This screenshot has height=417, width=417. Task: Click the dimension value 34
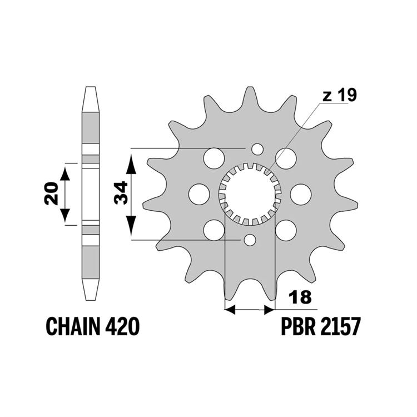click(121, 192)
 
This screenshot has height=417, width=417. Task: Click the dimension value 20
click(51, 193)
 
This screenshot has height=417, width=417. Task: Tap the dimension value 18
click(300, 297)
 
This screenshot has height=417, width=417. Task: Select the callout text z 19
click(339, 95)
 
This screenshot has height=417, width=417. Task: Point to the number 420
click(122, 326)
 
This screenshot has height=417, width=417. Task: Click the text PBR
click(299, 326)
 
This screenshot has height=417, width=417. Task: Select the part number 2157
click(341, 326)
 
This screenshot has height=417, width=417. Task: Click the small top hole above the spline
click(257, 149)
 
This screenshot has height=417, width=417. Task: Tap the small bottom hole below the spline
click(250, 240)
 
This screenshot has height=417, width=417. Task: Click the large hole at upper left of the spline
click(214, 158)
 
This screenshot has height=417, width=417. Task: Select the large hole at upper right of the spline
click(286, 158)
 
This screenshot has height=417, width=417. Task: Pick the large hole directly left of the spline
click(199, 194)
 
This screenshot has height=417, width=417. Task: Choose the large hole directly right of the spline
click(301, 194)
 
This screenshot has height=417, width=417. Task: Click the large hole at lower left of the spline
click(214, 230)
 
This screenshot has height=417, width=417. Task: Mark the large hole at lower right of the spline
click(286, 230)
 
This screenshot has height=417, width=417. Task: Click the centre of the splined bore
click(250, 194)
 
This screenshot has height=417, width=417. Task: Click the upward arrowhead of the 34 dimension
click(131, 165)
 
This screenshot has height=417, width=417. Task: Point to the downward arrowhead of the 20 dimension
click(65, 215)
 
